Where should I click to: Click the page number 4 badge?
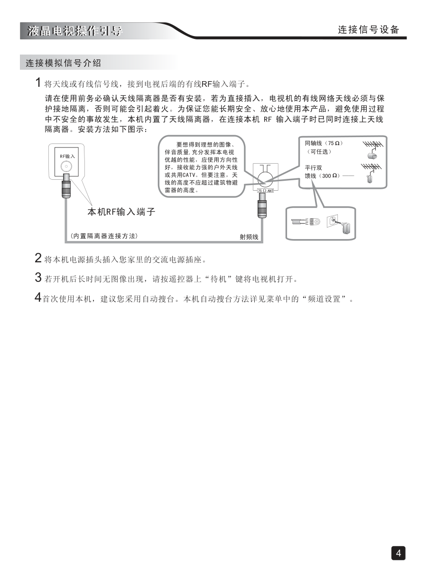click(x=398, y=553)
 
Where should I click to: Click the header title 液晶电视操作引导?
click(x=75, y=31)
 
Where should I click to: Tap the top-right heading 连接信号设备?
click(x=369, y=30)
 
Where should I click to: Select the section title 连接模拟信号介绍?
click(x=63, y=63)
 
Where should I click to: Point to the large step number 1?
click(x=38, y=83)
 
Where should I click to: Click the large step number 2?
click(x=38, y=258)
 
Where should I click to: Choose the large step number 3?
click(x=38, y=278)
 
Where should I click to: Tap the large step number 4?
click(x=38, y=297)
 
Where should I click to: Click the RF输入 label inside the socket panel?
click(x=67, y=157)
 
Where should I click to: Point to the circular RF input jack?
click(x=66, y=167)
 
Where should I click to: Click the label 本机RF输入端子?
click(x=121, y=212)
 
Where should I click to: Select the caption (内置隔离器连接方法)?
click(x=104, y=236)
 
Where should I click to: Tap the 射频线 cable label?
click(x=249, y=237)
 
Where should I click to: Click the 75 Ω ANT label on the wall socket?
click(x=266, y=191)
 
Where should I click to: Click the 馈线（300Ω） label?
click(x=323, y=176)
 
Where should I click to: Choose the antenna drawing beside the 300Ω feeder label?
click(x=371, y=173)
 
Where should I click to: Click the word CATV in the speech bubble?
click(x=189, y=175)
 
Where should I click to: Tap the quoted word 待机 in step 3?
click(x=218, y=279)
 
